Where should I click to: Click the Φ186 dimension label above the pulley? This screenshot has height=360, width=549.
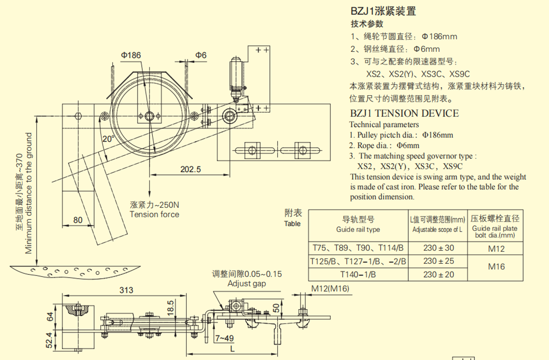point(131,55)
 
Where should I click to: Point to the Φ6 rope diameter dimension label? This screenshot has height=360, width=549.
point(200,55)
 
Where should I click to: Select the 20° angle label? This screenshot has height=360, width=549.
point(108,140)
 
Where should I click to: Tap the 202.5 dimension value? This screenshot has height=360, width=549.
point(191,170)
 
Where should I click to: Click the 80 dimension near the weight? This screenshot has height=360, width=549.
point(78,220)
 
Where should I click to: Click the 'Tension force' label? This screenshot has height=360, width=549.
point(154,214)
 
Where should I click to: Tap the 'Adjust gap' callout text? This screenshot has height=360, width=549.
point(246,284)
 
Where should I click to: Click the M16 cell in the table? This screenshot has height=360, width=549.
point(496,266)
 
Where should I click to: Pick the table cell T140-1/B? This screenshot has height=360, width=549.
point(358,274)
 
